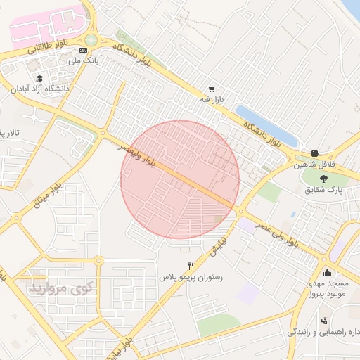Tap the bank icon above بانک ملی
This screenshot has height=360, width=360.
click(x=84, y=51)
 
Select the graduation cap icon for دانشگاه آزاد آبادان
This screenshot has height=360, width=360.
click(x=39, y=78)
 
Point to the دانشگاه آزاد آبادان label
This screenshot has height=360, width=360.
click(x=39, y=89)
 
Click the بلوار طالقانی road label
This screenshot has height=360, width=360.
click(x=46, y=47)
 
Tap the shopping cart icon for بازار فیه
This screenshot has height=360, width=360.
click(x=211, y=90)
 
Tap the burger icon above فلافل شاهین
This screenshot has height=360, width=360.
click(x=314, y=153)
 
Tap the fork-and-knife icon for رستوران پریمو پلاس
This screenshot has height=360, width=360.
click(x=191, y=266)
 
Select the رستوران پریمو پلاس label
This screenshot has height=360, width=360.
click(x=191, y=278)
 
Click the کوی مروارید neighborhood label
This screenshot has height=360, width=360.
click(x=60, y=288)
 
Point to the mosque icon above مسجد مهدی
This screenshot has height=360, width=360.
click(x=326, y=272)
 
